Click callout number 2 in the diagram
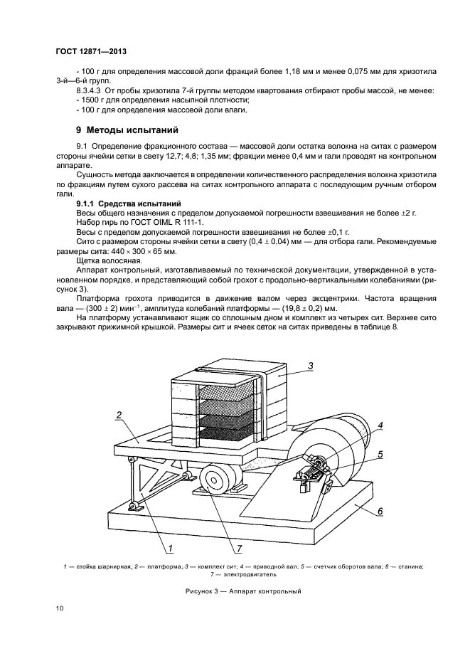click(x=119, y=415)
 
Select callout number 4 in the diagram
click(x=380, y=426)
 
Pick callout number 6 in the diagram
click(x=380, y=510)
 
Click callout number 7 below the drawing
click(x=239, y=548)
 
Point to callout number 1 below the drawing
click(x=171, y=548)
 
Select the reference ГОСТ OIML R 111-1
click(x=148, y=222)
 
